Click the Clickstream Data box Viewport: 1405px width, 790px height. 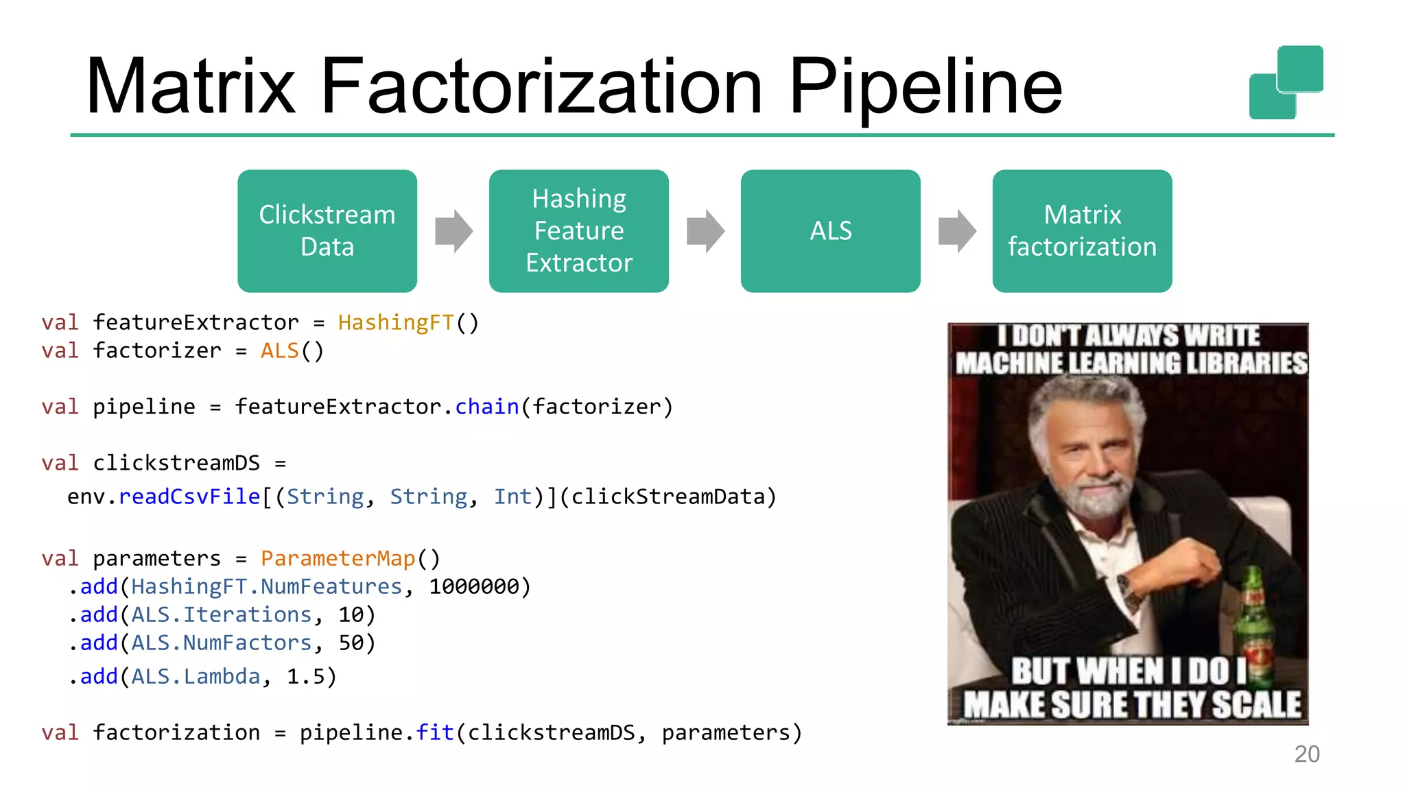pos(327,231)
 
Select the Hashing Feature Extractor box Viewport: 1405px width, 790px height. pos(578,231)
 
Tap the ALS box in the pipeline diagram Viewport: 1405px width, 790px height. pos(830,231)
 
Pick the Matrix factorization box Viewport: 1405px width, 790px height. pos(1082,231)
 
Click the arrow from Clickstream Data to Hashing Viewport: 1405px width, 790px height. pos(453,231)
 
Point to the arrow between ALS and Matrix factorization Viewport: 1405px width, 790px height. pos(957,231)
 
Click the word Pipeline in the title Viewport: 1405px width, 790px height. pos(925,87)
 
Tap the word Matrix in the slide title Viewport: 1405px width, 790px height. pos(191,87)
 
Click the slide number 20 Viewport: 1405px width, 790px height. pos(1307,754)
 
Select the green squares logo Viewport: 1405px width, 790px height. pos(1286,82)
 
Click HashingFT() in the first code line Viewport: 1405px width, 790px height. pos(408,322)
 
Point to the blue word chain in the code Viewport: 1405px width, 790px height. pos(487,407)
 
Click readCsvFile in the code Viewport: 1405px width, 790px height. pos(189,496)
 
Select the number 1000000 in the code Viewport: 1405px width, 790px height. pos(474,586)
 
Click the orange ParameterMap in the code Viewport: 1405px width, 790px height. pos(338,558)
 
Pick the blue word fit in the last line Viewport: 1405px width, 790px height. pos(435,732)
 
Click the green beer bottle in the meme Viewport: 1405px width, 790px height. pos(1253,617)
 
